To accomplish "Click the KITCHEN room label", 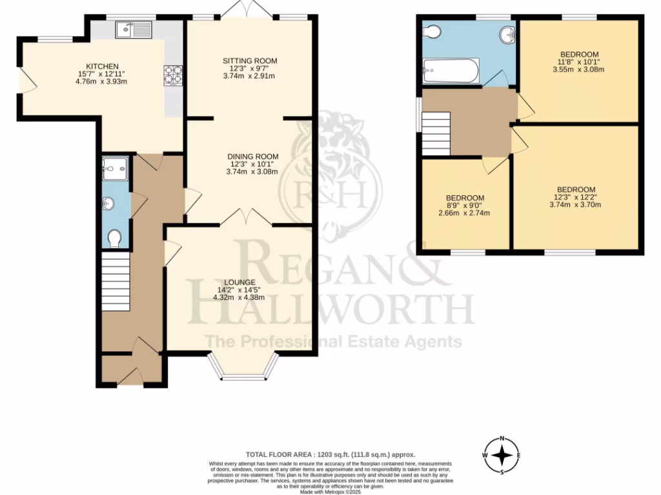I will (103, 66).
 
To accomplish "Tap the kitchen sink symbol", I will (133, 28).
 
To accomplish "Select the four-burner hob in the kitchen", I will (173, 75).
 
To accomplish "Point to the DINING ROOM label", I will (252, 157).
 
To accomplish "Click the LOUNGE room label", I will (240, 282).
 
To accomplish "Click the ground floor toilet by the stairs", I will (115, 238).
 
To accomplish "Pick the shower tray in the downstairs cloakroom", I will (116, 168).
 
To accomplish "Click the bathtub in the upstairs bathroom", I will (451, 71).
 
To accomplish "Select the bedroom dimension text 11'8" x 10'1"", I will (579, 63).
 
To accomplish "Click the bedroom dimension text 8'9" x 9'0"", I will (465, 206).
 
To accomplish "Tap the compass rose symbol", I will (502, 455).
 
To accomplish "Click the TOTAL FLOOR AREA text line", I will (330, 454).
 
